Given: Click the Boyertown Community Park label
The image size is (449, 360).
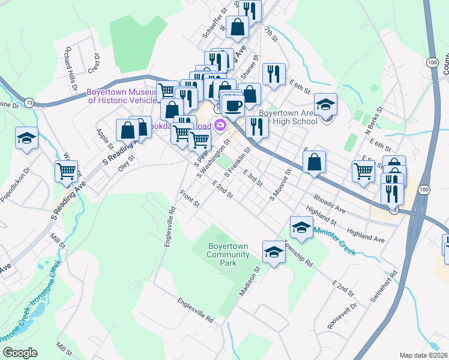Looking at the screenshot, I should coord(228,255).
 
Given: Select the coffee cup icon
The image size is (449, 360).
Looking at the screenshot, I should coord(232,106).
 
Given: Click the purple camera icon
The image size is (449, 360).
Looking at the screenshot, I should coord(220,125).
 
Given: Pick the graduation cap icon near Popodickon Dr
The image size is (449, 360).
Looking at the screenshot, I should coord(26,138).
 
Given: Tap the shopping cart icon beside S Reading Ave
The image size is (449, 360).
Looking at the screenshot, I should coord(67,171).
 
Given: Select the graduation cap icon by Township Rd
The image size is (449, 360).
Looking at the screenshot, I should coord(274,251).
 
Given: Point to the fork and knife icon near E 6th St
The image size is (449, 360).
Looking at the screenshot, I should coord(273,74).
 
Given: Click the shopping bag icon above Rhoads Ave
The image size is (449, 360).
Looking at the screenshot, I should coord(315,161).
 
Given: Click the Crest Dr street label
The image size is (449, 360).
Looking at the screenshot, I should coord(94,62).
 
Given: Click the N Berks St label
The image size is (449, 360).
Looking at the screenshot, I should coord(374,122).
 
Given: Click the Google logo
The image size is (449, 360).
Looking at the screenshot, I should coord(20,353).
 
